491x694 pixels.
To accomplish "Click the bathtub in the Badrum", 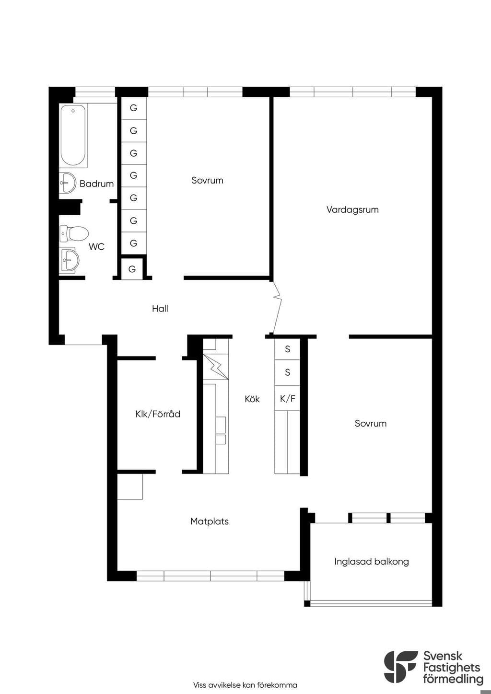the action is click(x=73, y=135).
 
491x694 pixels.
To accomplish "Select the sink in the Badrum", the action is click(x=68, y=182).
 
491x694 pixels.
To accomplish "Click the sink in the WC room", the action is click(x=70, y=260).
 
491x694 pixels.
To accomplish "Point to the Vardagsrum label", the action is click(x=352, y=210).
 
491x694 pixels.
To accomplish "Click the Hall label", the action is click(x=160, y=309).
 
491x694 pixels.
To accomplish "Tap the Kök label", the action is click(x=252, y=399).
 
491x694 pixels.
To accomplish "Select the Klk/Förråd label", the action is click(x=158, y=414).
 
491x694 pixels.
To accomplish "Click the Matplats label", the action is click(x=210, y=521).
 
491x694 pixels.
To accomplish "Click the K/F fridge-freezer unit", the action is click(x=287, y=398).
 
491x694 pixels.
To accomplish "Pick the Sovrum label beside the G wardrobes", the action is click(x=207, y=180).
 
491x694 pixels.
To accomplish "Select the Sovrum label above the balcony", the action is click(x=371, y=424).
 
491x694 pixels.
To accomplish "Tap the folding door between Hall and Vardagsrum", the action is click(x=277, y=307).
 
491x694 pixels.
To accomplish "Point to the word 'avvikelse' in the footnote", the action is click(x=227, y=685).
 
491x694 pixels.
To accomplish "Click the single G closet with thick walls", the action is click(x=132, y=268).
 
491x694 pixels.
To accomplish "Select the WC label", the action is click(x=96, y=247).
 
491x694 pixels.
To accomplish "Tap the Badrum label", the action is click(x=97, y=184).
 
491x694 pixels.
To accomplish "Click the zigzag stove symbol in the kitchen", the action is click(x=216, y=367).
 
